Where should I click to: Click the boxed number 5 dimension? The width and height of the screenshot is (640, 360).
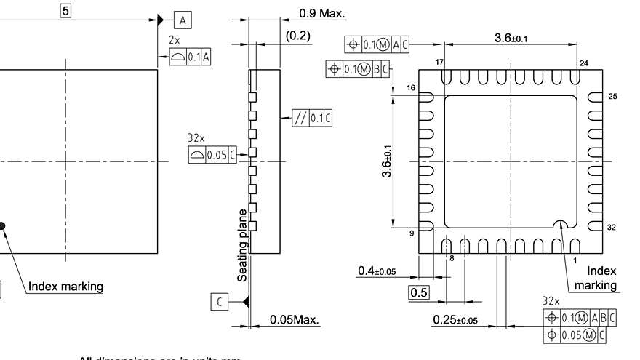pos(65,12)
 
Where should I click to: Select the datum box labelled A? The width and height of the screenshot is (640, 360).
pos(183,19)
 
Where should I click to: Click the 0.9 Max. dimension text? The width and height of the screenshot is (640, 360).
pos(322,13)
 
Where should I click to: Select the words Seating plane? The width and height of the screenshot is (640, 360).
pos(244,246)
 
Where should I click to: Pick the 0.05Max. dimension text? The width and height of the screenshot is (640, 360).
pos(295,320)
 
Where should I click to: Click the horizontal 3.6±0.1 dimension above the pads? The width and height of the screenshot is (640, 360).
pos(511,38)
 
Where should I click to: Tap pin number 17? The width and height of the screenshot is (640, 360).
pos(439,63)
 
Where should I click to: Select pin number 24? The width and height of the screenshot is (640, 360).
pos(583,63)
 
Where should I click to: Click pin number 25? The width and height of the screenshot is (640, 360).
pos(612,96)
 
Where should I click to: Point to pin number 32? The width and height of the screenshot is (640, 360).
pos(612,228)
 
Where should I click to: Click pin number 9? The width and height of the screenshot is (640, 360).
pos(411,233)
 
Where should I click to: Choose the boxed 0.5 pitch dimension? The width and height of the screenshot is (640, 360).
pos(419,292)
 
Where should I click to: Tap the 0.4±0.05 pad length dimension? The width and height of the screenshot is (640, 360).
pos(377,271)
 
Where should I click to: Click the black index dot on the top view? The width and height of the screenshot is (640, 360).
pos(2,226)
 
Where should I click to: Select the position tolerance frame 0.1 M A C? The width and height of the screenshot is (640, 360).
pos(377,44)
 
